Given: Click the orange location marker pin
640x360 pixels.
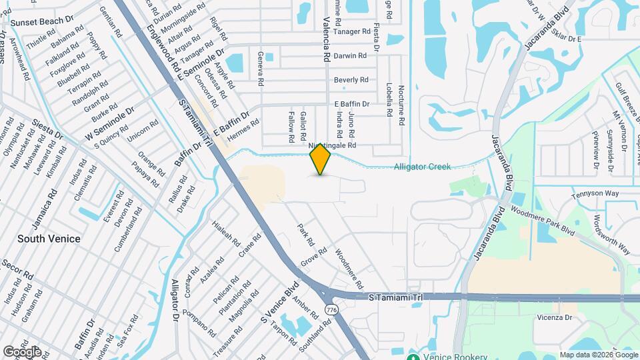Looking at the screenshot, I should coord(321,159).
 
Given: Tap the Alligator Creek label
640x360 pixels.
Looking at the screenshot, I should coord(422,167).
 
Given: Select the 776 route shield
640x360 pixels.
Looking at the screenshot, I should coord(331,309).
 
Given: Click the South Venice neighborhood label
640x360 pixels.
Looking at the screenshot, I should coord(49,239).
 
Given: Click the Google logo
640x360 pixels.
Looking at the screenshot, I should coord(21,351).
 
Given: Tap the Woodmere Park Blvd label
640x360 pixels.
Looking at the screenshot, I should coord(543,219).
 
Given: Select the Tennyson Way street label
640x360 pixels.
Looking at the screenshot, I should coord(595,195).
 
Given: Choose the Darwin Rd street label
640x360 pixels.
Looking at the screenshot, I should coord(350,56).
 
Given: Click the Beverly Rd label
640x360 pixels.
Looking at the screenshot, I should coord(351,80).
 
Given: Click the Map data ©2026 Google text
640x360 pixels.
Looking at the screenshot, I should coord(598,355).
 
